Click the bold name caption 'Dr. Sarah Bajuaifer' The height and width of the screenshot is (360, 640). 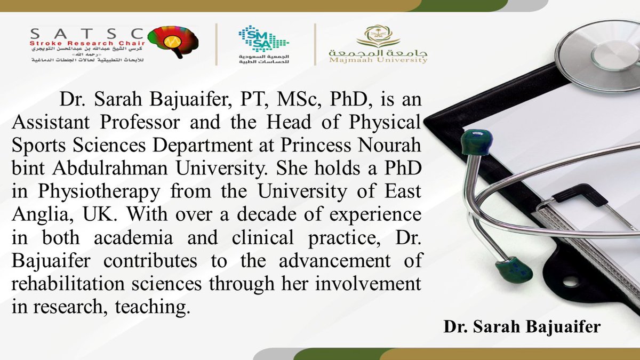pos(522,327)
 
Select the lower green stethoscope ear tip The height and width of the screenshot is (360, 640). pos(513,270)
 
